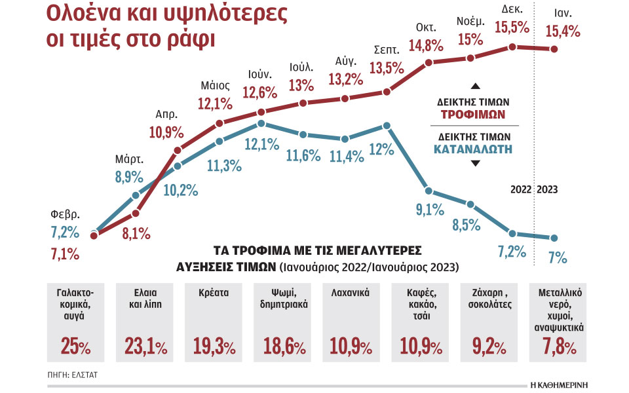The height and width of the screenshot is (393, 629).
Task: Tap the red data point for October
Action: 429,63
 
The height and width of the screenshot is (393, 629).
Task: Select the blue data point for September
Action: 387,124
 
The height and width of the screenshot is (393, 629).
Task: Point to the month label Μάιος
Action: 216,86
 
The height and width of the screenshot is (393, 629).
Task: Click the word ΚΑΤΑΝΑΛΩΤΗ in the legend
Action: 473,149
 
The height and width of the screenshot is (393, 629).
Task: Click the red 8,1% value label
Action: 136,233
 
